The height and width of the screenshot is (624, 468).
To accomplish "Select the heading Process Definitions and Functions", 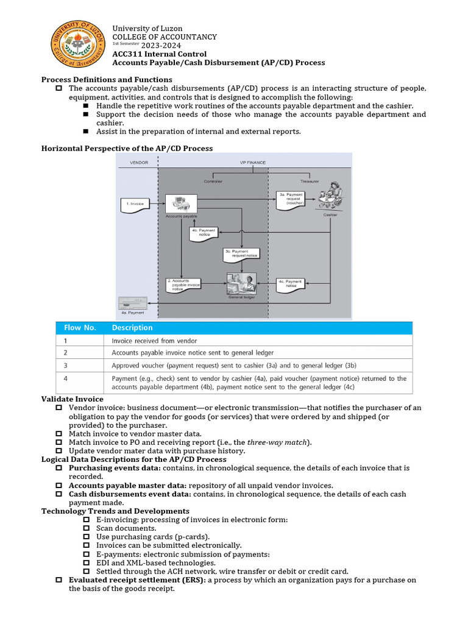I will [x=106, y=80].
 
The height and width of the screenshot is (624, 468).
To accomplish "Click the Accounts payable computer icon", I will [x=181, y=203].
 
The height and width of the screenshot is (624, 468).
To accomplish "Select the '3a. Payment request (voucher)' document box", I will [x=289, y=199].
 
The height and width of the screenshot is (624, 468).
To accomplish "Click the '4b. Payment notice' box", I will [x=204, y=233].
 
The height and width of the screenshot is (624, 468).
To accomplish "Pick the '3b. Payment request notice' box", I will [x=241, y=253].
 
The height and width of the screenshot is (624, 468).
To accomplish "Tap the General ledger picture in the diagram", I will [x=241, y=283].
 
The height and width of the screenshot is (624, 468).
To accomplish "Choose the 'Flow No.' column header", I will [x=80, y=328].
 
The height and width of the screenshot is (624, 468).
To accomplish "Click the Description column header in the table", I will [x=132, y=328].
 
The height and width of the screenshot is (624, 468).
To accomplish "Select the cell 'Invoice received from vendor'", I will [x=154, y=341].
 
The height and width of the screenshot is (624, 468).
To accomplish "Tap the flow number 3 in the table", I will [x=65, y=366].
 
